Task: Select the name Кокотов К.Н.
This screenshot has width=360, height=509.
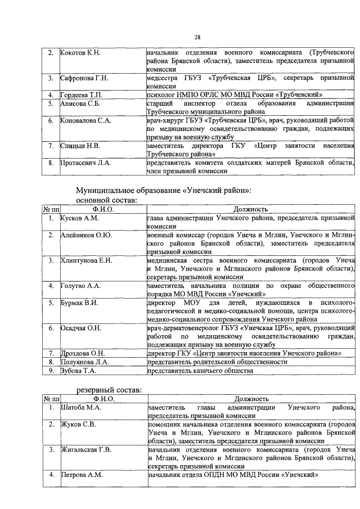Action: coord(80,53)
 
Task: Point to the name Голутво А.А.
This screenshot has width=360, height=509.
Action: coord(81,286)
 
